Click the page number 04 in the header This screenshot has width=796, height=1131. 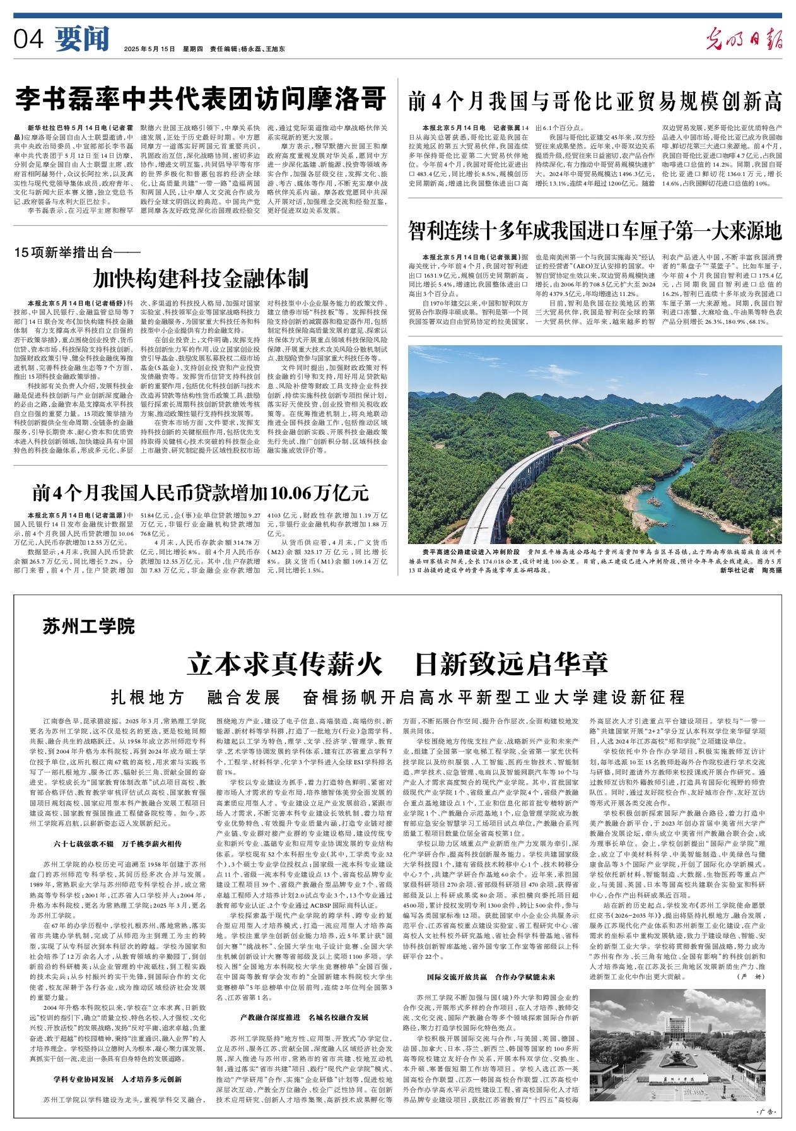tap(29, 39)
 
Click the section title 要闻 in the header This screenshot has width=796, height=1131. tap(82, 39)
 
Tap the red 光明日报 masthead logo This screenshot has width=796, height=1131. tap(744, 40)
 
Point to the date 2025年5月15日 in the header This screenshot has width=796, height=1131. tap(149, 49)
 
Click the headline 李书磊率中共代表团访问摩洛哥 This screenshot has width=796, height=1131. tap(201, 99)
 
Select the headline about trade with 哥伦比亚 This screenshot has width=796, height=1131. tap(595, 101)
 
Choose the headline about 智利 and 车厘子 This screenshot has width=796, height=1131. tap(595, 231)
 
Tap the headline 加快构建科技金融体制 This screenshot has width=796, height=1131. tap(201, 278)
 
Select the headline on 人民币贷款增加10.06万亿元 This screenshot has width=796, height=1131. tap(201, 492)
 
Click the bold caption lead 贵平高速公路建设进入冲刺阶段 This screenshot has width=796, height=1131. tap(473, 552)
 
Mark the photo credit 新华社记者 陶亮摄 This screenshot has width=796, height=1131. tap(750, 570)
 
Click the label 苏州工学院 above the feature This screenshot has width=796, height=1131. tap(89, 627)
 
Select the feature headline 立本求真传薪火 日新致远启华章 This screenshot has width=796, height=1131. tap(397, 664)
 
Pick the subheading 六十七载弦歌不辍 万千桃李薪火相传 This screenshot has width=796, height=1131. tap(118, 843)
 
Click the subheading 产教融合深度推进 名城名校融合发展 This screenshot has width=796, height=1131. tap(304, 1017)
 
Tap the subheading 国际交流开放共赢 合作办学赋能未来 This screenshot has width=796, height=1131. tap(491, 977)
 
